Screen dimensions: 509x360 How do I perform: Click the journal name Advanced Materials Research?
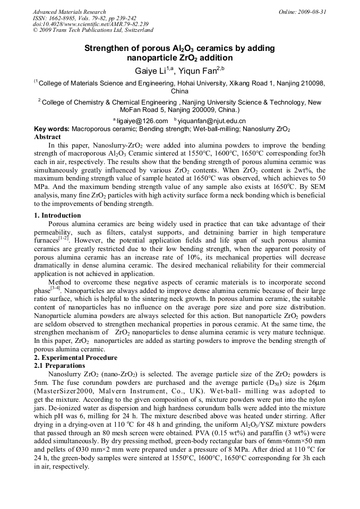[x=69, y=12]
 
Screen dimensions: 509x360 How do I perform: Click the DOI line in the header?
[x=90, y=24]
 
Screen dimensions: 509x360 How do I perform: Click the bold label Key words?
[x=52, y=129]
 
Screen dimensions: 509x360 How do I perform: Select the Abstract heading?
[x=47, y=136]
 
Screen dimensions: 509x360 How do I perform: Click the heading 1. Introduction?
[x=57, y=215]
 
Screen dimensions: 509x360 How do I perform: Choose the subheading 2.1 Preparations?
[x=59, y=366]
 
